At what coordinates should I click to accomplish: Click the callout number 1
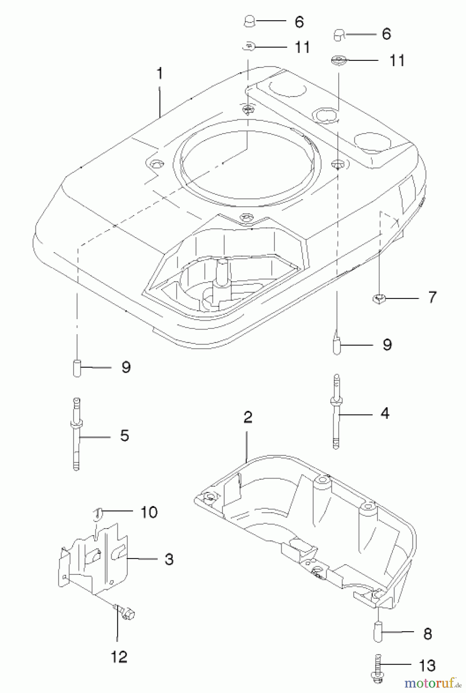160,73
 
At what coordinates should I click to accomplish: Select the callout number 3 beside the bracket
169,559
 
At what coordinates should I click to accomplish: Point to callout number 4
385,413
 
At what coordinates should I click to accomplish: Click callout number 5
124,436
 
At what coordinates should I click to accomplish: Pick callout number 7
432,297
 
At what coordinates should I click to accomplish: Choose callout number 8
428,634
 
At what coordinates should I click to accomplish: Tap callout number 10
149,512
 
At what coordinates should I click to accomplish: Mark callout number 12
119,657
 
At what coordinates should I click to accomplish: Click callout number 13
427,665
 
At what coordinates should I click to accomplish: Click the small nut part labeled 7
379,298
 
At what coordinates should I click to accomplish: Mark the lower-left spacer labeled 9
77,368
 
